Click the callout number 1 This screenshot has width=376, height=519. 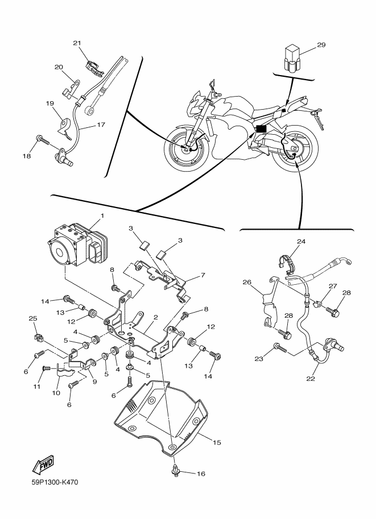(102, 216)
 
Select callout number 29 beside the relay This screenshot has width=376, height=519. (321, 45)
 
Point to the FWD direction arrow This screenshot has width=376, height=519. (43, 463)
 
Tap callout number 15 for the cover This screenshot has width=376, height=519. (217, 442)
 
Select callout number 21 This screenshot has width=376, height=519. (77, 43)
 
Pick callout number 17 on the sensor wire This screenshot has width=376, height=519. (101, 125)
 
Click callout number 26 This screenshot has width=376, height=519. (247, 282)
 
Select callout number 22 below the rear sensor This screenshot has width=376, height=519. (311, 379)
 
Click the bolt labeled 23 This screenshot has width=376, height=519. (280, 348)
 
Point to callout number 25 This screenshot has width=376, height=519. (33, 318)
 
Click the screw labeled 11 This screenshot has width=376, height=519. (46, 368)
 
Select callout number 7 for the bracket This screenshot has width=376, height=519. (203, 275)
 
